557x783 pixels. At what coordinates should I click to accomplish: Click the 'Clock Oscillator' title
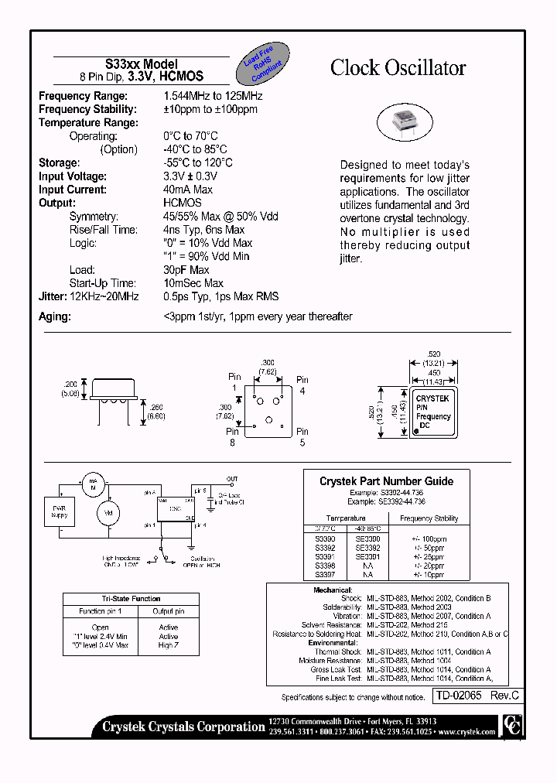click(x=398, y=68)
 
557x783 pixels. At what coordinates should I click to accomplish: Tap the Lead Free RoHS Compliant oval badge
click(x=263, y=63)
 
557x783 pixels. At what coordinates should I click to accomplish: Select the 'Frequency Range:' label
click(x=83, y=96)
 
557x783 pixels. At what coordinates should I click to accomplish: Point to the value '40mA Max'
click(x=188, y=190)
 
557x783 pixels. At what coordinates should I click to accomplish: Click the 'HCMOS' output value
click(x=183, y=203)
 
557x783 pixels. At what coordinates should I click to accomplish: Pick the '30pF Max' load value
click(x=186, y=270)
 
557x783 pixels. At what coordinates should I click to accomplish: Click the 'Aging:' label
click(x=55, y=316)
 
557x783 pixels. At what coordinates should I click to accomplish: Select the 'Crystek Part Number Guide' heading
click(x=386, y=481)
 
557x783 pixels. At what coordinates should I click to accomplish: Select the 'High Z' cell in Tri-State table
click(x=168, y=645)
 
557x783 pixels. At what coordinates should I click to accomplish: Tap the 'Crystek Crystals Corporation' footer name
click(x=183, y=727)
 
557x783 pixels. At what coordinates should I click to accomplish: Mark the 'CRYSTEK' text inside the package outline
click(x=432, y=398)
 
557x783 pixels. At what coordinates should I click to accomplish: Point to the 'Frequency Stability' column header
click(x=429, y=518)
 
